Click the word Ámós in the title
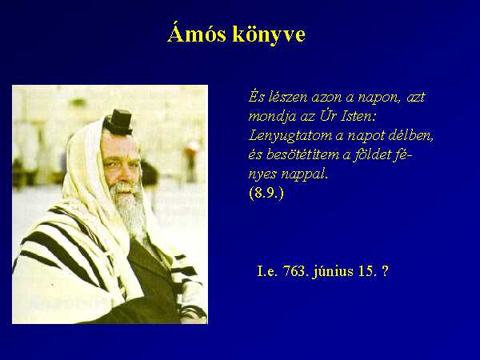point(197,33)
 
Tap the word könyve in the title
point(269,34)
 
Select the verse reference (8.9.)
point(266,193)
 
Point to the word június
point(333,272)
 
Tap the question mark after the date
point(385,271)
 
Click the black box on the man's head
point(118,122)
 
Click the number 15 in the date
point(366,271)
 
